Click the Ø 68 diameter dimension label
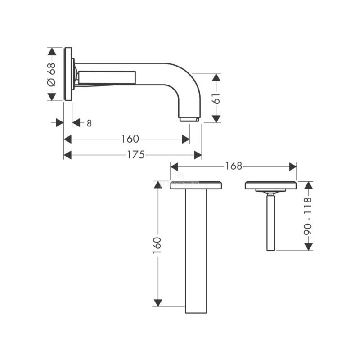tap(52, 74)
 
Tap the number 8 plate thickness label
tap(89, 123)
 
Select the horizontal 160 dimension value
tap(130, 139)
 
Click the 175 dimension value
tap(136, 155)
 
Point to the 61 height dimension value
tap(216, 99)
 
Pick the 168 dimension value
tap(233, 166)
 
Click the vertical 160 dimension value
tap(157, 246)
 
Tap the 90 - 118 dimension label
tap(308, 216)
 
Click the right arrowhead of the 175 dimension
tap(198, 155)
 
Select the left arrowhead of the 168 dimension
tap(174, 166)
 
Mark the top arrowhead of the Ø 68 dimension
tap(52, 51)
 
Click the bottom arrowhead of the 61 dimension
tap(216, 119)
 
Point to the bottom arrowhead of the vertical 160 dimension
tap(157, 303)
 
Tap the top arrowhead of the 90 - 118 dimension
tap(309, 185)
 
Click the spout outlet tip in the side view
tap(189, 119)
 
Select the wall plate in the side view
tap(68, 74)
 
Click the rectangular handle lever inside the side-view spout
tap(107, 77)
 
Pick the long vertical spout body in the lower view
tap(196, 251)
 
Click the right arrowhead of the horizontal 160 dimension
tap(186, 139)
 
